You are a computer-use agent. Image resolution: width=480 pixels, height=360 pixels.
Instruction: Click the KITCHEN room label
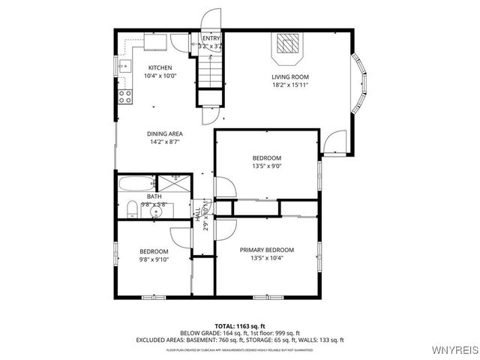160,67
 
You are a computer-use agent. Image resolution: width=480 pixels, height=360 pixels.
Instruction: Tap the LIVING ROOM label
290,76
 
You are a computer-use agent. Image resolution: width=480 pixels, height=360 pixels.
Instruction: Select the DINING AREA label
165,133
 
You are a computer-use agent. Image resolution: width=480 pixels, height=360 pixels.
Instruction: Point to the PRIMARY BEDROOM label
266,250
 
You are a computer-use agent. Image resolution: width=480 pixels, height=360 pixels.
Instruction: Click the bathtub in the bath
136,184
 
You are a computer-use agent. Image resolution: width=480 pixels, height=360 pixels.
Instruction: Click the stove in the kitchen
125,95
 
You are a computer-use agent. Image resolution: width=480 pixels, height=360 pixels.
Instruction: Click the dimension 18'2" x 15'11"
290,85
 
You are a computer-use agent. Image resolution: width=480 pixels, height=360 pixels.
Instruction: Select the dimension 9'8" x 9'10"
154,259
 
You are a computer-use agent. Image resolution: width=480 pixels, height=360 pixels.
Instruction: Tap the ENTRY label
211,37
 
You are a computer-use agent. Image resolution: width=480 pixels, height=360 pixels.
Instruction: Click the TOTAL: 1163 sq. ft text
239,326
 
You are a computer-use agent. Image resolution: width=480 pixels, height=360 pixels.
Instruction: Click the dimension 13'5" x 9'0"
266,166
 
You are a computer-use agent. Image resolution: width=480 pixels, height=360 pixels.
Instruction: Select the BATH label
154,196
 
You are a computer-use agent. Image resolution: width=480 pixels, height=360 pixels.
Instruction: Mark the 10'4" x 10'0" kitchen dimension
160,76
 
